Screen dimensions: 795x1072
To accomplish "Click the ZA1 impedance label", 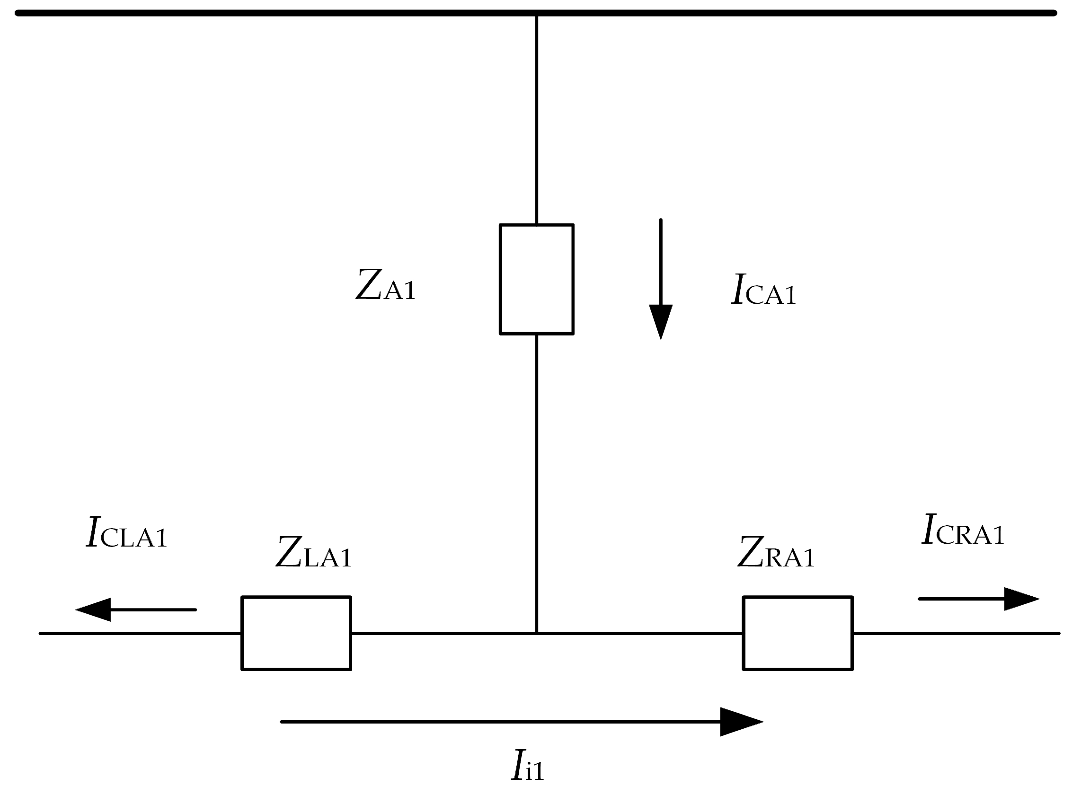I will pos(385,286).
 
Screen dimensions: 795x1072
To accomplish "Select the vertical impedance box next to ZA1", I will pos(536,279).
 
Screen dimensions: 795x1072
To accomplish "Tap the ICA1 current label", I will pos(763,290).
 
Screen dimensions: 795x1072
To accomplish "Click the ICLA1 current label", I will pos(126,533).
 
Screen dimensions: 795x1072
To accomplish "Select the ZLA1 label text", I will pos(313,553).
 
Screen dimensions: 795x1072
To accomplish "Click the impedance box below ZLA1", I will pos(296,633).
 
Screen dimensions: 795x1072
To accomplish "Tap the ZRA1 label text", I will pos(775,553).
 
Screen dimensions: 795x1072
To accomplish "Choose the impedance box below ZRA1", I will pos(797,633).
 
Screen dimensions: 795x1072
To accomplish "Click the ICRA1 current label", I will pos(962,530).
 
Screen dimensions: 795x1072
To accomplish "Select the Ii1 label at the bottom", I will pos(527,766).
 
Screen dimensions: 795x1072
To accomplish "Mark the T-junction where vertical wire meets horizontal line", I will pos(536,633).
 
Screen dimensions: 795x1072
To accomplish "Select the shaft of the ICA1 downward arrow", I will pos(660,262).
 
